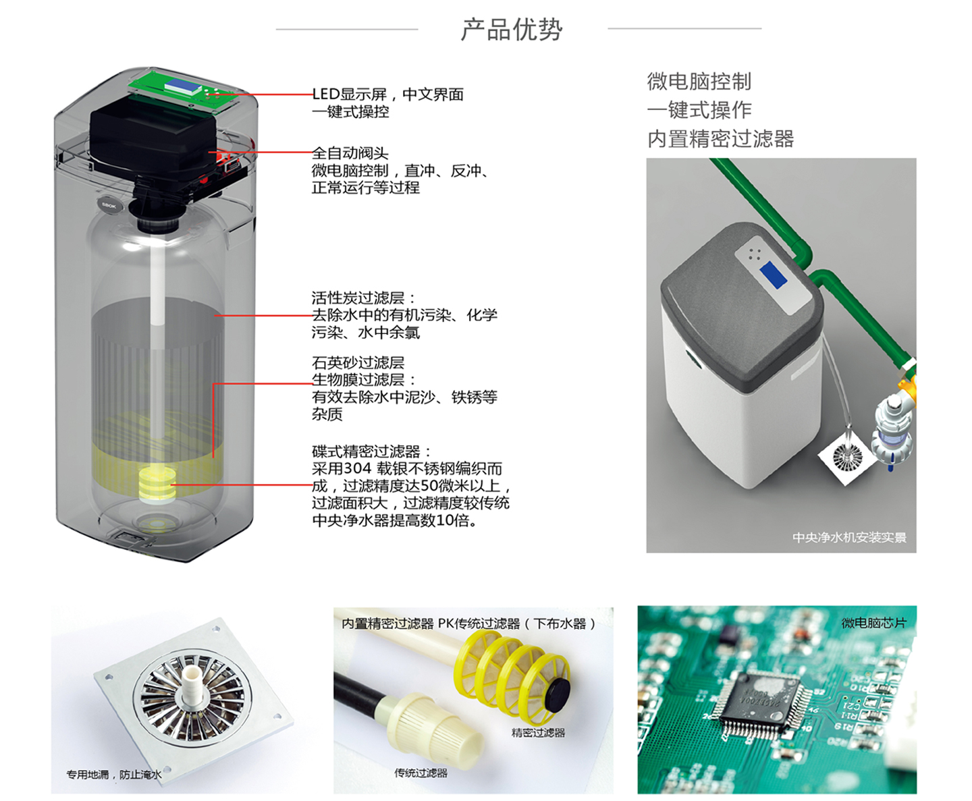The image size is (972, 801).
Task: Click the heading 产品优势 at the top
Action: [x=511, y=30]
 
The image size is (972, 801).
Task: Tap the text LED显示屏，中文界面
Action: [x=388, y=94]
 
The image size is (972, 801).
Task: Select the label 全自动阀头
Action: [x=350, y=153]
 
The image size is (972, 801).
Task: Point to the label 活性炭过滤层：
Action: [x=364, y=298]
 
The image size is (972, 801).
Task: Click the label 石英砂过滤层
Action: [x=358, y=363]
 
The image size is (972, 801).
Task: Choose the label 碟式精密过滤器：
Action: [x=371, y=451]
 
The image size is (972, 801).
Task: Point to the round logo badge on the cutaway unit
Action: [x=109, y=205]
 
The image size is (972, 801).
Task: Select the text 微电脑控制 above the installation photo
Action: [x=699, y=82]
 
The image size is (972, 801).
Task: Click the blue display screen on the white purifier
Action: [x=773, y=276]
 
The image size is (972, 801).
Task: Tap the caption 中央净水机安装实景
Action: [x=849, y=538]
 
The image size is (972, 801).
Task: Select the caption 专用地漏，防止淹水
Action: [x=113, y=775]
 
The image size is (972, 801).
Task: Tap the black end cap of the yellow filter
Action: [x=558, y=695]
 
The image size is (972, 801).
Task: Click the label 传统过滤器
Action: [x=421, y=773]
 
